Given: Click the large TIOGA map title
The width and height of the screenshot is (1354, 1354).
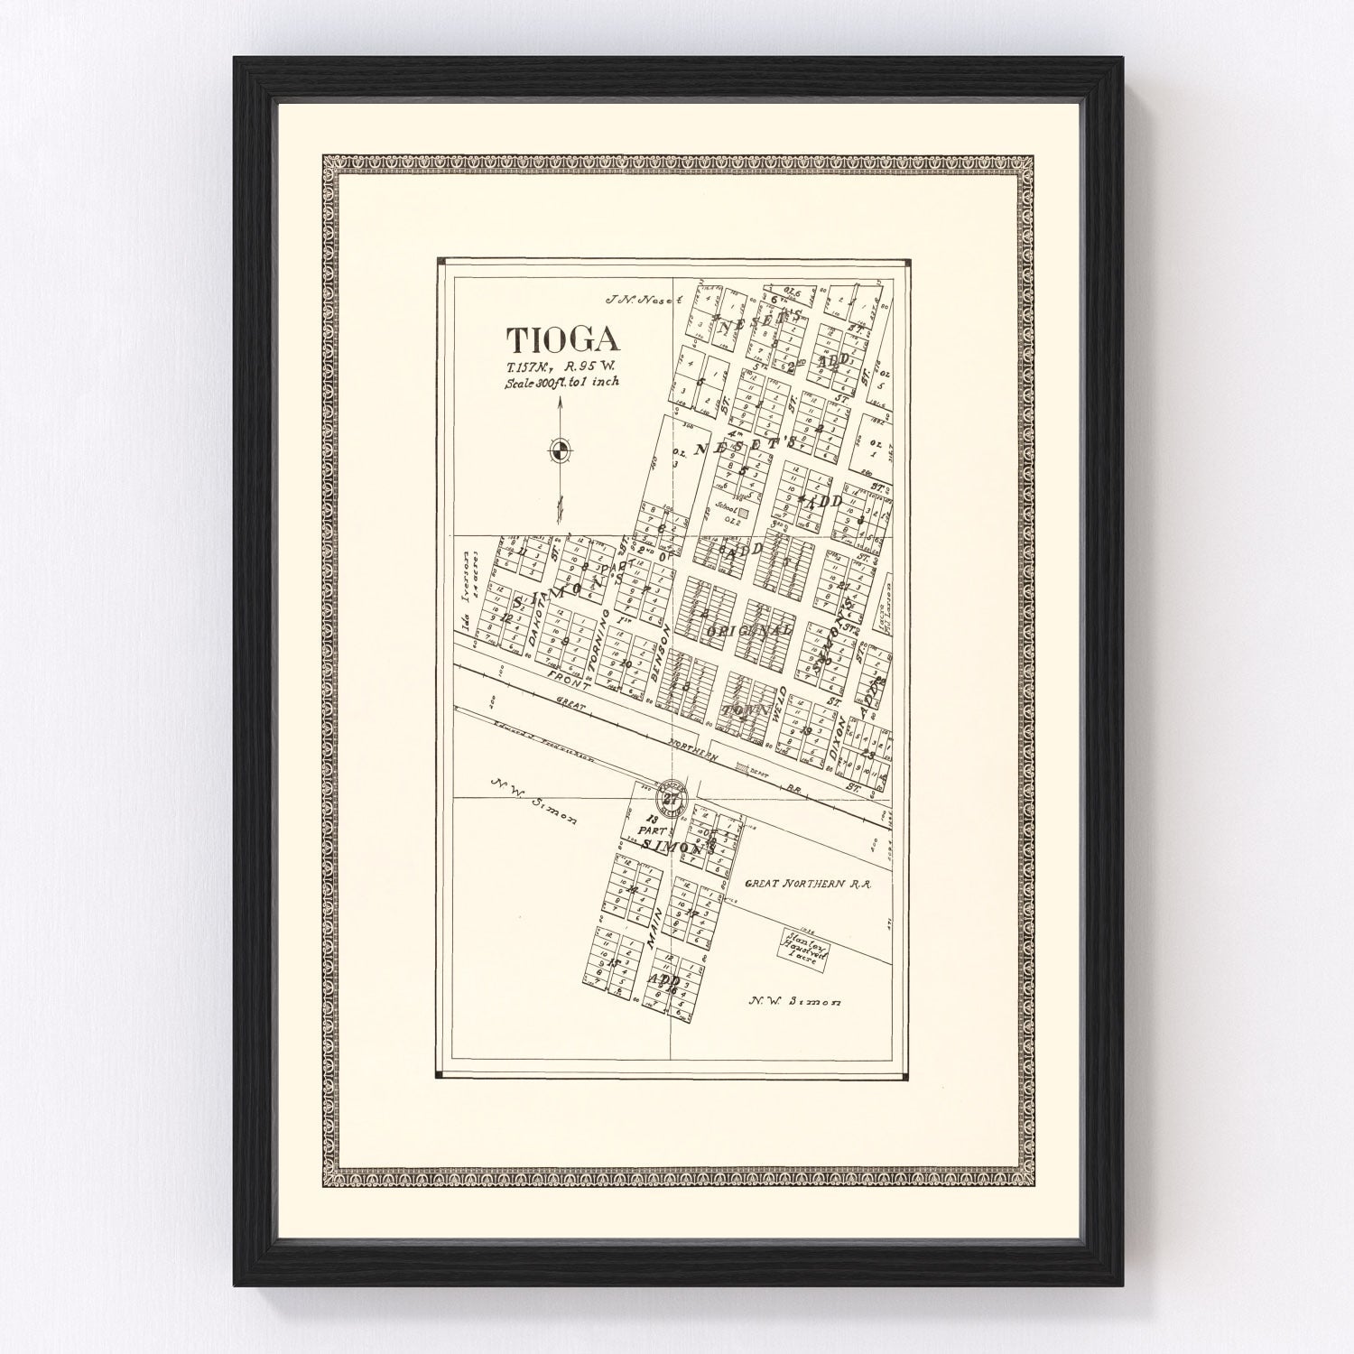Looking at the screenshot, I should pos(562,339).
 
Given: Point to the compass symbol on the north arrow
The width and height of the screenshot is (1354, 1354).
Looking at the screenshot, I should pos(560,450).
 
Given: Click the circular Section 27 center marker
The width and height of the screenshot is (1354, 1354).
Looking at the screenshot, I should pos(671,797).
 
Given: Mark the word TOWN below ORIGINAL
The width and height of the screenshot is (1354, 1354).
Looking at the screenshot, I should pos(745,711).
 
